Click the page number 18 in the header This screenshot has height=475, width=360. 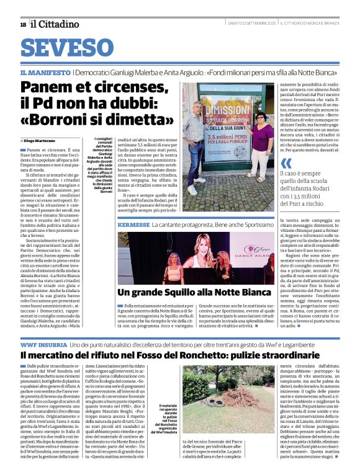[x=22, y=24]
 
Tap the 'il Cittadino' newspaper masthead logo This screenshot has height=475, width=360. [x=56, y=24]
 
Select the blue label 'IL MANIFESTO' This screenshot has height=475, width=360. [x=45, y=73]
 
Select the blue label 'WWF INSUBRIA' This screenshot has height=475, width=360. [x=44, y=343]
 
